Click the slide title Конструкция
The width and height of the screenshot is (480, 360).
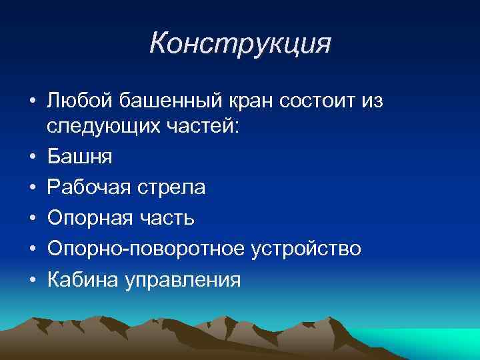pos(240,44)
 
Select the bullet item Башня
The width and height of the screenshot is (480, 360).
pos(79,157)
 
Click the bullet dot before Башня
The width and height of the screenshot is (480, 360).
pos(31,158)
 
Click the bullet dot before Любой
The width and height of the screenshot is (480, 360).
pos(31,101)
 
